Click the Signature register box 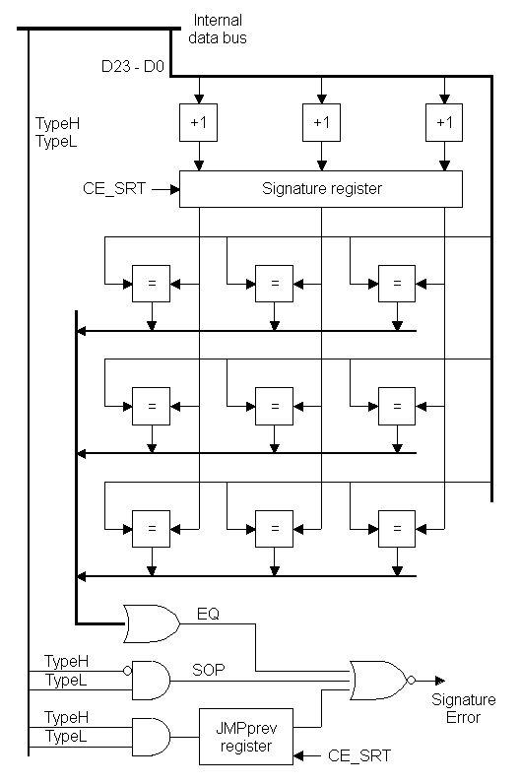point(320,189)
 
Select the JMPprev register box point(246,737)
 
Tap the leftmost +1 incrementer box point(199,122)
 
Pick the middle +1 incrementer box point(321,122)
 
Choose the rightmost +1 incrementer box point(444,122)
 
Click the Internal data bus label point(218,29)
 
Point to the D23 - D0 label point(133,66)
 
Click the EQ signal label point(208,614)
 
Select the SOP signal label point(209,670)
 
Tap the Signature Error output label point(464,708)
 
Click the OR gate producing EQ point(152,623)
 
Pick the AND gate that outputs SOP point(151,680)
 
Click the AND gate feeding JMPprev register point(151,737)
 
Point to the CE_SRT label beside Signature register point(114,189)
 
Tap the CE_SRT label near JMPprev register point(359,755)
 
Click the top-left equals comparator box point(151,284)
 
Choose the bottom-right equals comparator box point(397,529)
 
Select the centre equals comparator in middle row point(274,406)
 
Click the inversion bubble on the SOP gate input point(127,671)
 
